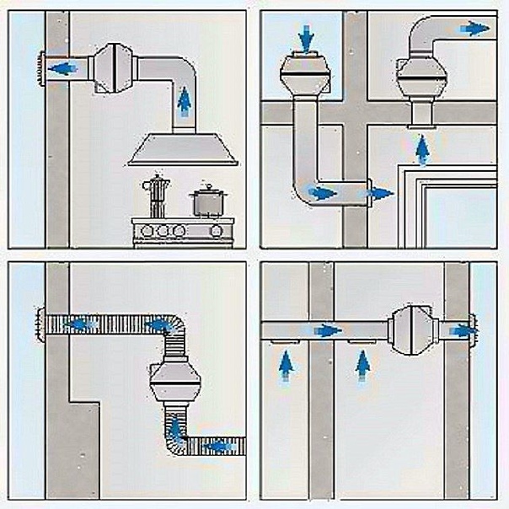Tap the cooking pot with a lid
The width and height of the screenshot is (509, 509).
tap(206, 202)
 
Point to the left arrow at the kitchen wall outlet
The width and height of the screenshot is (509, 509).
tap(59, 67)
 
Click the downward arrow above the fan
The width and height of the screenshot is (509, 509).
tap(305, 36)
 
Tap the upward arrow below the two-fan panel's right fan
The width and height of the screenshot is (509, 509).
tap(421, 148)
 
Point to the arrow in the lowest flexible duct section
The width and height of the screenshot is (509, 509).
tap(217, 446)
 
